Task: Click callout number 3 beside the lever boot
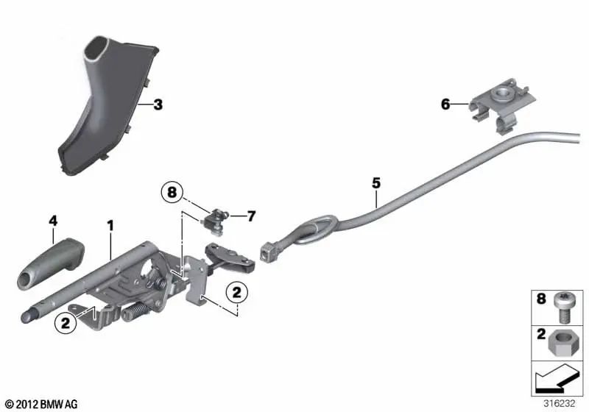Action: coord(158,104)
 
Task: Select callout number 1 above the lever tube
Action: coord(110,223)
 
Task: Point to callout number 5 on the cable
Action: coord(375,181)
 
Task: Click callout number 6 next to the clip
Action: coord(445,104)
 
